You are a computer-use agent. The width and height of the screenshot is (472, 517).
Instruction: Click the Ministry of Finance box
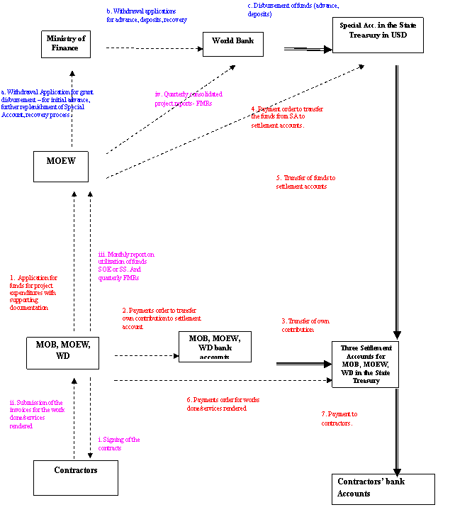66,43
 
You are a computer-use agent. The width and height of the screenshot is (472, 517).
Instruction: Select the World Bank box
233,43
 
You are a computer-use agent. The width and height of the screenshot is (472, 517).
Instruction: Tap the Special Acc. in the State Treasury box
378,35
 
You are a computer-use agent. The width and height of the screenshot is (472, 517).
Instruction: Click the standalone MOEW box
61,166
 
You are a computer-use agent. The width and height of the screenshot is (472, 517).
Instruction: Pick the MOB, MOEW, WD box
62,352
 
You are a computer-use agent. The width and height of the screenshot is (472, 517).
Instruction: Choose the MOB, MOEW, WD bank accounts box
215,346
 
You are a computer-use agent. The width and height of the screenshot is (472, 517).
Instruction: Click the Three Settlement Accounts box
365,365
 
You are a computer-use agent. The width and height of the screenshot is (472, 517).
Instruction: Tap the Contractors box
75,477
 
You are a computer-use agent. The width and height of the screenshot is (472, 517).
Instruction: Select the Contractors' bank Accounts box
383,489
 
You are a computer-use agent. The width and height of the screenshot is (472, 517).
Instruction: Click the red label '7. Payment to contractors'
339,418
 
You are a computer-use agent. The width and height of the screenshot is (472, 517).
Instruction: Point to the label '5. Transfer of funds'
305,182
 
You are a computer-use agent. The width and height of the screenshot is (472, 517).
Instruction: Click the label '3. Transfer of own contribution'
305,326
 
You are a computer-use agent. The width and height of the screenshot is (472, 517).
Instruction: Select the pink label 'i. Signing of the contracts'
119,444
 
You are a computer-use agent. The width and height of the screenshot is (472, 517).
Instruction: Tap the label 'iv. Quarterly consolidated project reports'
189,99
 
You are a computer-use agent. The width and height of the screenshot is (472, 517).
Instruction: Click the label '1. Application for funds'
33,293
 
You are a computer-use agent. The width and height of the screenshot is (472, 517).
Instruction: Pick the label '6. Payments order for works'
220,404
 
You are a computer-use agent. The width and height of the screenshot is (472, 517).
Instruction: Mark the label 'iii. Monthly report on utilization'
126,266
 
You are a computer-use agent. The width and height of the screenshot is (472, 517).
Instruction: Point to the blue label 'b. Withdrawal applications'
147,16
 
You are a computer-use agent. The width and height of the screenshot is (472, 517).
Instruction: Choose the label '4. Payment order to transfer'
287,116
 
